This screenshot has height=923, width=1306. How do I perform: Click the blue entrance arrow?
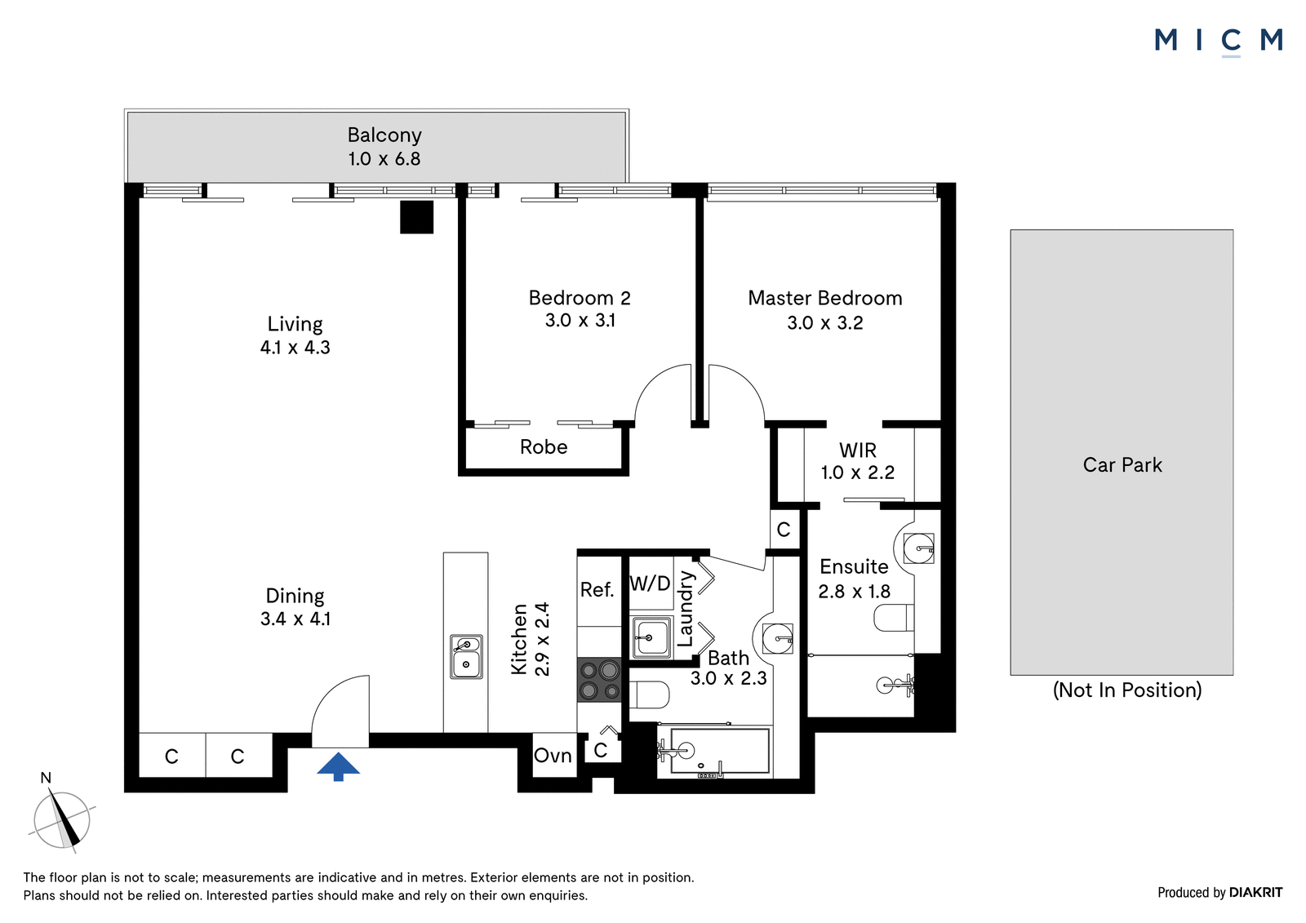pos(338,766)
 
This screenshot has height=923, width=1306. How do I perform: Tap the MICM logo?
pos(1219,42)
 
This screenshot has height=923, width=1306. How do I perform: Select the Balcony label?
pos(384,135)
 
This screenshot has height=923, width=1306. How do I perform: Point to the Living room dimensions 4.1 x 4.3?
pos(295,348)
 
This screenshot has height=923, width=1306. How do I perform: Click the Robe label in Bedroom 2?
pos(544,446)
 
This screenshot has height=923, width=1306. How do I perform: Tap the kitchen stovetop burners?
pos(599,680)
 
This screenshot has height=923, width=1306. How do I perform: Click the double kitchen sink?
pos(466,656)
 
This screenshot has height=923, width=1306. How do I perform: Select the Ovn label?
pos(553,756)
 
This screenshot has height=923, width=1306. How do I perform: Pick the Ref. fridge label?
pos(597,589)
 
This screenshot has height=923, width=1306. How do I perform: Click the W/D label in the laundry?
pos(650,583)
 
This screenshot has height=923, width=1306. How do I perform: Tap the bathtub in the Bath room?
pos(714,752)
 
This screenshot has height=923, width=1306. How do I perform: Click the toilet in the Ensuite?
pos(894,618)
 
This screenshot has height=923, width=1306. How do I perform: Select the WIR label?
pos(858,450)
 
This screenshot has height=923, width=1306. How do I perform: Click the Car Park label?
pos(1122,464)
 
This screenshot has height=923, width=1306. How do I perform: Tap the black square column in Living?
pos(416,217)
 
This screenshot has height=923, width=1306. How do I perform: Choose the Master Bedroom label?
pos(825,298)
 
